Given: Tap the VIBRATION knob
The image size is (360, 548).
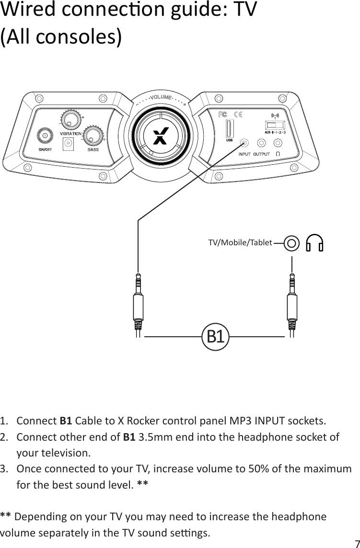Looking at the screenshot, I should (x=70, y=119).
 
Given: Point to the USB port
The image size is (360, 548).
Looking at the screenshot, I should (x=229, y=130).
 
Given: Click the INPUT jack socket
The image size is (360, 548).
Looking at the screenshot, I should (x=245, y=143).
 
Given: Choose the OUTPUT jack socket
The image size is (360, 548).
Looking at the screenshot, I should (x=261, y=143).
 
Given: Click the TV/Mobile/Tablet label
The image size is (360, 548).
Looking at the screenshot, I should (x=240, y=243).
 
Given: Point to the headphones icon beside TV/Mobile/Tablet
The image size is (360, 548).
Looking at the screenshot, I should (x=315, y=243).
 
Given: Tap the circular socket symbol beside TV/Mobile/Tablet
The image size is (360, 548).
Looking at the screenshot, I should (x=292, y=243).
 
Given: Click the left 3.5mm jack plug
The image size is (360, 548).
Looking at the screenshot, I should (x=138, y=302).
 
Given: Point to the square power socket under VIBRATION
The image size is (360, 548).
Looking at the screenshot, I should (x=68, y=143).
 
